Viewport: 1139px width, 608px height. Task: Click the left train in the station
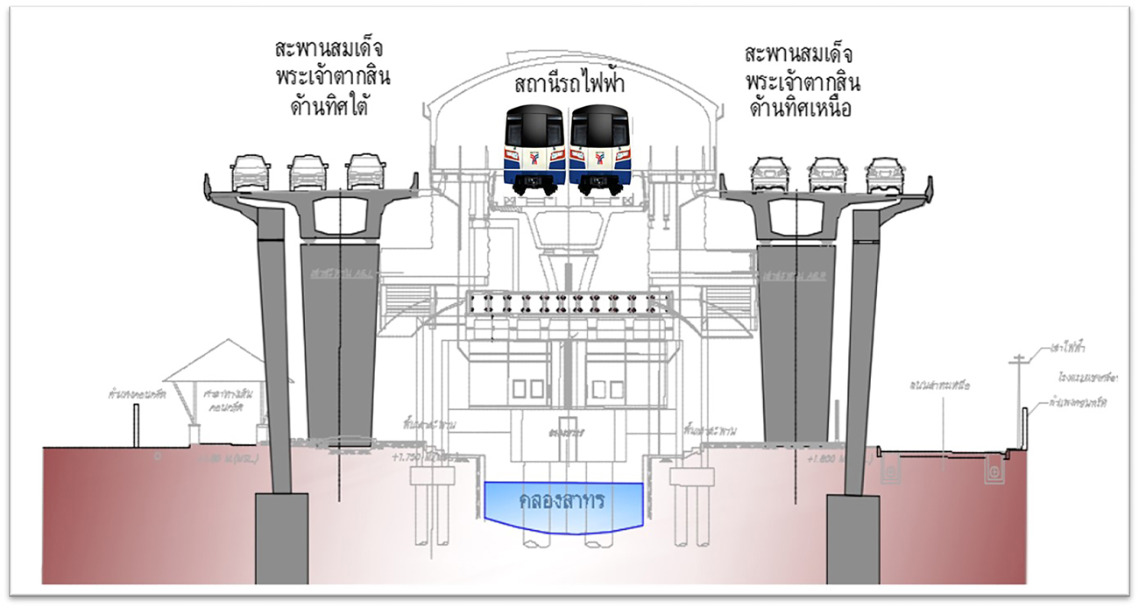[x=535, y=147]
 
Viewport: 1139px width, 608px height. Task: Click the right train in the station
[x=600, y=147]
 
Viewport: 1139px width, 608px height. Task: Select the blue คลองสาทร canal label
[x=564, y=503]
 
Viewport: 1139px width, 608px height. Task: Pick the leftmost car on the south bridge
[x=251, y=173]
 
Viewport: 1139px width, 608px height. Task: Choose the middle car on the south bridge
[x=308, y=173]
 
